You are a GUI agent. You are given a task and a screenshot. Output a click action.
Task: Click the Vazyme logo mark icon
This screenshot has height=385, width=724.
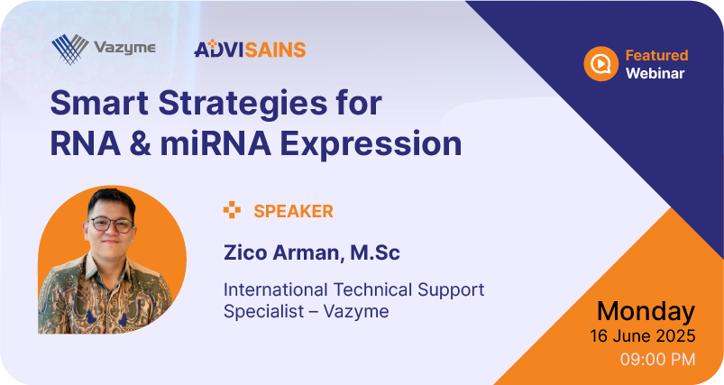click(x=70, y=49)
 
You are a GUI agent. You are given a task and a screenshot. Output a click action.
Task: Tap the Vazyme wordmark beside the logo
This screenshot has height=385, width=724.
click(x=124, y=48)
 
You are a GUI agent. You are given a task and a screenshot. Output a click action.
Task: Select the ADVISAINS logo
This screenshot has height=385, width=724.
click(x=250, y=49)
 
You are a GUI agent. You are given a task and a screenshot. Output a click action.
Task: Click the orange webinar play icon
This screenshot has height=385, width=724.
click(x=600, y=64)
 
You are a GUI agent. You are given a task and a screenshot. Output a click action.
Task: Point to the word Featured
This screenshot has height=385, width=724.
click(x=656, y=55)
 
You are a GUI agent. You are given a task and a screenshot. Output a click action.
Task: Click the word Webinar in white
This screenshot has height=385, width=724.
click(x=655, y=73)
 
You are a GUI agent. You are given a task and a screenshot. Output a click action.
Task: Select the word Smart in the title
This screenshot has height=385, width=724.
click(x=99, y=103)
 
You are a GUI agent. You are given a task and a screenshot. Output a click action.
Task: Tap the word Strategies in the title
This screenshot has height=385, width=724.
click(x=243, y=105)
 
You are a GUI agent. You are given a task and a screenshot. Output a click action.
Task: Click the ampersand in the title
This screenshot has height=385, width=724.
click(x=140, y=143)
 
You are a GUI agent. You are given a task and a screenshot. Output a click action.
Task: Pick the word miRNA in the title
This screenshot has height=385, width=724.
click(x=215, y=143)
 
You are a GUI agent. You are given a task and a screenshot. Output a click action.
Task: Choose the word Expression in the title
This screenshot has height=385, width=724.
click(x=371, y=145)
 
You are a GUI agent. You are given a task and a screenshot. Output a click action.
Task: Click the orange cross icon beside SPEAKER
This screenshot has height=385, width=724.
click(x=232, y=210)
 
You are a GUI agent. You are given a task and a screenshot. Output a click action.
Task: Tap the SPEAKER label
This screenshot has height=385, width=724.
click(x=293, y=211)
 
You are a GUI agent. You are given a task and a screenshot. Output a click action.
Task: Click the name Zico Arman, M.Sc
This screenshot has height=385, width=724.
click(x=312, y=253)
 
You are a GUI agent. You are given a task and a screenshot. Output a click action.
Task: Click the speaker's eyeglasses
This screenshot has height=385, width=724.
click(x=111, y=225)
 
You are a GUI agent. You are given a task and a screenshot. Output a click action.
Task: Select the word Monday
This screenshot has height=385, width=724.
click(x=646, y=312)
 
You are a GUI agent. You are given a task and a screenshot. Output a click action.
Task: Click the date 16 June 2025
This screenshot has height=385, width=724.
click(x=642, y=336)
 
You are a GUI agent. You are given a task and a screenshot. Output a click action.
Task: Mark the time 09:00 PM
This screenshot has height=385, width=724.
click(x=657, y=359)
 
